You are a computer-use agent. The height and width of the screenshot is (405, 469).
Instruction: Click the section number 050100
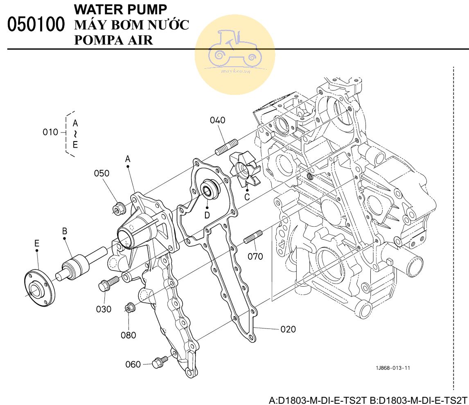(36, 24)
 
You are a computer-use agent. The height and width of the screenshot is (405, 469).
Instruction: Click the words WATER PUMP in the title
(120, 9)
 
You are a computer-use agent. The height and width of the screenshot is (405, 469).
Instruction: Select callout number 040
(217, 120)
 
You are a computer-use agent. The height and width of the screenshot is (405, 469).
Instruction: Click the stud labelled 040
(227, 147)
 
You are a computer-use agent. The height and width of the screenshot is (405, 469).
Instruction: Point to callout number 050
(101, 173)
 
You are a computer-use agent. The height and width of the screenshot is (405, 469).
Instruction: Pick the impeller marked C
(244, 169)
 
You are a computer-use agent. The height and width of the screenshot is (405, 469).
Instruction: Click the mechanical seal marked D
(210, 189)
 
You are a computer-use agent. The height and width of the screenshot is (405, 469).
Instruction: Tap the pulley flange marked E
(39, 288)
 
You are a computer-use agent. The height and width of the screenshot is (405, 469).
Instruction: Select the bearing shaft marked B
(81, 263)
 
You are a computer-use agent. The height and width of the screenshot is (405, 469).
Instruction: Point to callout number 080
(129, 335)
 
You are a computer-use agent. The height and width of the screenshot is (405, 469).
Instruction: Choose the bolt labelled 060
(160, 362)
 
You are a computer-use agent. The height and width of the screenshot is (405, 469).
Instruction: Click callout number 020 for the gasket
(288, 329)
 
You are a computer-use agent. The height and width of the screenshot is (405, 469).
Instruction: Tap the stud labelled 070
(253, 236)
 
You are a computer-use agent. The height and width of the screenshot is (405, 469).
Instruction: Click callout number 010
(50, 132)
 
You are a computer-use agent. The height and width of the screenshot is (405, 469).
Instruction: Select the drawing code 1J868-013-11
(393, 368)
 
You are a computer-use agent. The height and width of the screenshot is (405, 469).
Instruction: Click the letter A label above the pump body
(128, 159)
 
